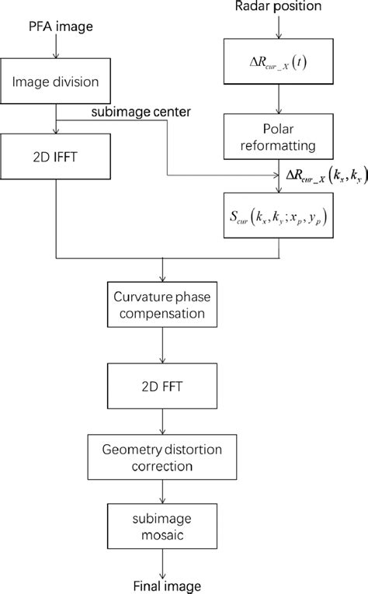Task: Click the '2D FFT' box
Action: pyautogui.click(x=162, y=386)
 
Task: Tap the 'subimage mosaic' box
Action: pyautogui.click(x=162, y=528)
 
